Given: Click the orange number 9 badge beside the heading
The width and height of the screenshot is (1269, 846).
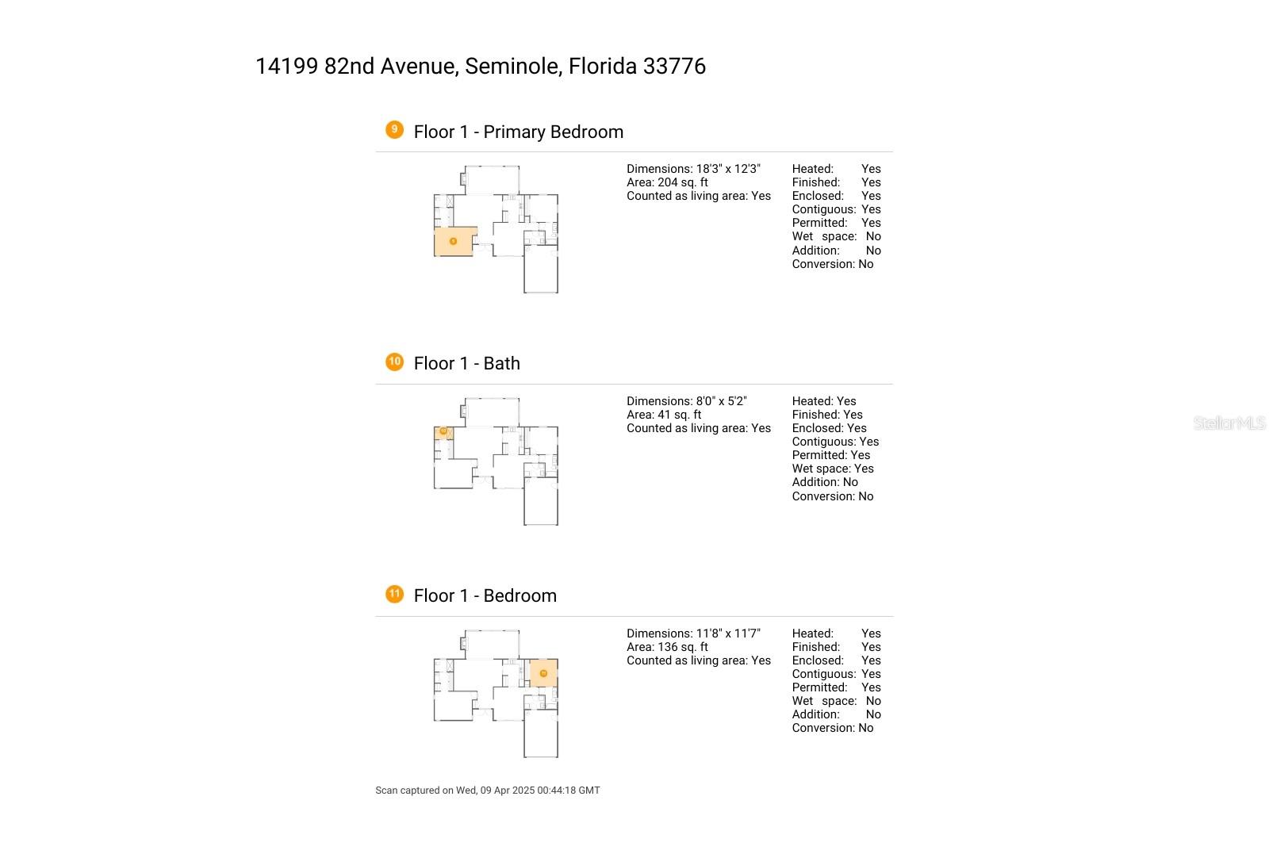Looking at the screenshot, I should coord(394,129).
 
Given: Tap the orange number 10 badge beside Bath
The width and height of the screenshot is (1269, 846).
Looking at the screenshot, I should coord(394,362).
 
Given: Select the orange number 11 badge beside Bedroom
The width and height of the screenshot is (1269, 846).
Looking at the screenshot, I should coord(394,594).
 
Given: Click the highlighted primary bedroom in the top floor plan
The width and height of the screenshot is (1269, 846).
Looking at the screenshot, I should coord(454,241).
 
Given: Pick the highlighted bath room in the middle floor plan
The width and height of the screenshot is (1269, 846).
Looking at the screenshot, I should coord(443,432).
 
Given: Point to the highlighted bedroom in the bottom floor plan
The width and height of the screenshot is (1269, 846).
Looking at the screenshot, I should coord(543,673).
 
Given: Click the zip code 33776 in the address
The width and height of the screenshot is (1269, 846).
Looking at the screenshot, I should coord(674,67).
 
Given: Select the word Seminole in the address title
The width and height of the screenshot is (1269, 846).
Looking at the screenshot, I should coord(512,67).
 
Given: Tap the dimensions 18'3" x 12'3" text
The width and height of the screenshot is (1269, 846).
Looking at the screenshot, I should coord(728,169).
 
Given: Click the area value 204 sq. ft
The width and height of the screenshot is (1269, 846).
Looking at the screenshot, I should coord(683,182).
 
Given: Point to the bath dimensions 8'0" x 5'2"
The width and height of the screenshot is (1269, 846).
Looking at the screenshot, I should coord(721,401).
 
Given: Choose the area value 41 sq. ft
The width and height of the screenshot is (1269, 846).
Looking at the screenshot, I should coord(680,415).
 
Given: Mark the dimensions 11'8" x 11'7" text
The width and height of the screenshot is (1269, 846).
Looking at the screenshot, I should coord(728,634).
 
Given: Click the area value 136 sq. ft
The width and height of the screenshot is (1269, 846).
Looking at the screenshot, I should coord(683,647).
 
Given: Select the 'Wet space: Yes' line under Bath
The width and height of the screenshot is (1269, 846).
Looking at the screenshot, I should coord(833,469).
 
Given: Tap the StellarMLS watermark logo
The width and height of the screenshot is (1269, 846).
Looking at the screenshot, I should coord(1229,423).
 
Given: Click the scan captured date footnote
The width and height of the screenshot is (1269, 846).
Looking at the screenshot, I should coord(488,790).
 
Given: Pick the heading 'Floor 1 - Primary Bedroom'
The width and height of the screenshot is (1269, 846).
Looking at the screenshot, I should coord(519,132).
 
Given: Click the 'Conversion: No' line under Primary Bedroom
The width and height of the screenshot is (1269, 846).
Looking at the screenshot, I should coord(833,264).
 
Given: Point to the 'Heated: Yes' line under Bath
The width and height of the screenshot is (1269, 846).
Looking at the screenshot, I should coord(824,401).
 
